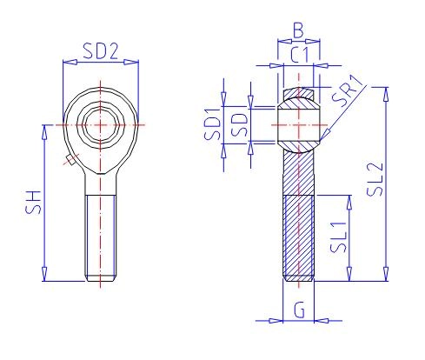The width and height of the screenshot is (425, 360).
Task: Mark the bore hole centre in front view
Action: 102,124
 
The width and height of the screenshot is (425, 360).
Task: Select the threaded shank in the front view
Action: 102,235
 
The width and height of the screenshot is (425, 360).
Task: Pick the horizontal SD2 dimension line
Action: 102,62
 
